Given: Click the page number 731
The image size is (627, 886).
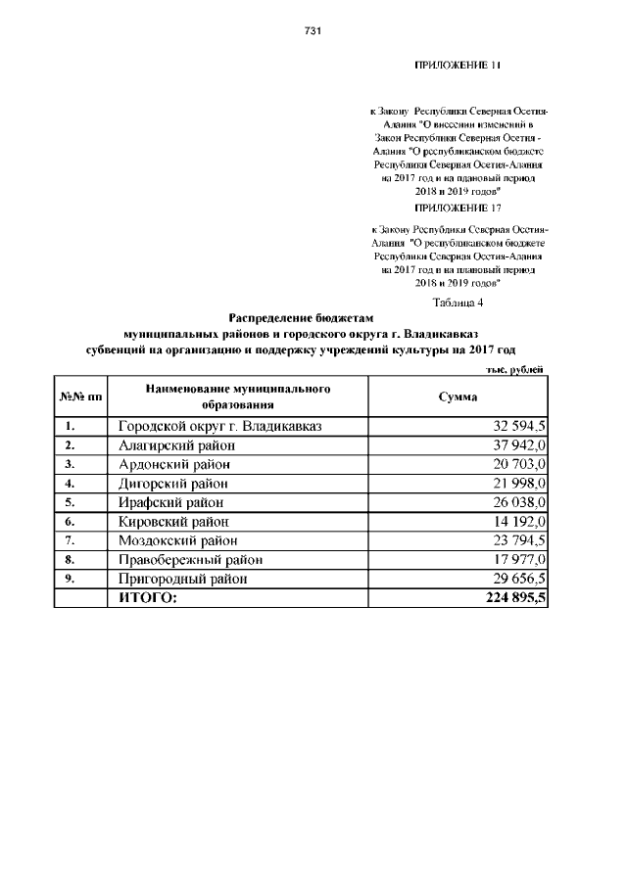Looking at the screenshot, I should coord(313,30).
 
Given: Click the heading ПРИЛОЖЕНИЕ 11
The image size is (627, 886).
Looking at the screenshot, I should coord(458,66).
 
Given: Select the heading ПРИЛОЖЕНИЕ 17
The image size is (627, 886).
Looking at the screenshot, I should coord(458,208).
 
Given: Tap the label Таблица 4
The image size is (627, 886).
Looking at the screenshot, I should coord(458,302).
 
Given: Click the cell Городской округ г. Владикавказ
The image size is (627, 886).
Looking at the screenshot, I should coord(219,427).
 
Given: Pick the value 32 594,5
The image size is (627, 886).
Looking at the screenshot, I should coord(515,427).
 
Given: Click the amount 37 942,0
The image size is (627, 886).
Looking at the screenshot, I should coord(515,445).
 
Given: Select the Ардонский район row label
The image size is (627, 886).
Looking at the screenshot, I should coord(175,464).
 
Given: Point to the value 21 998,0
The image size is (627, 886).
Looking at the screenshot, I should coord(515,484).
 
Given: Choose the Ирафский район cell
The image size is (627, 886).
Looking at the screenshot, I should coord(172,502).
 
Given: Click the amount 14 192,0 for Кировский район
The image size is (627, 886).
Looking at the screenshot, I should coord(515,521).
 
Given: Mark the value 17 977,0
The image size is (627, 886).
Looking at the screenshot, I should coord(515,559).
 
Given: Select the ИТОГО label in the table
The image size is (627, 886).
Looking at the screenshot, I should coord(148,597).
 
